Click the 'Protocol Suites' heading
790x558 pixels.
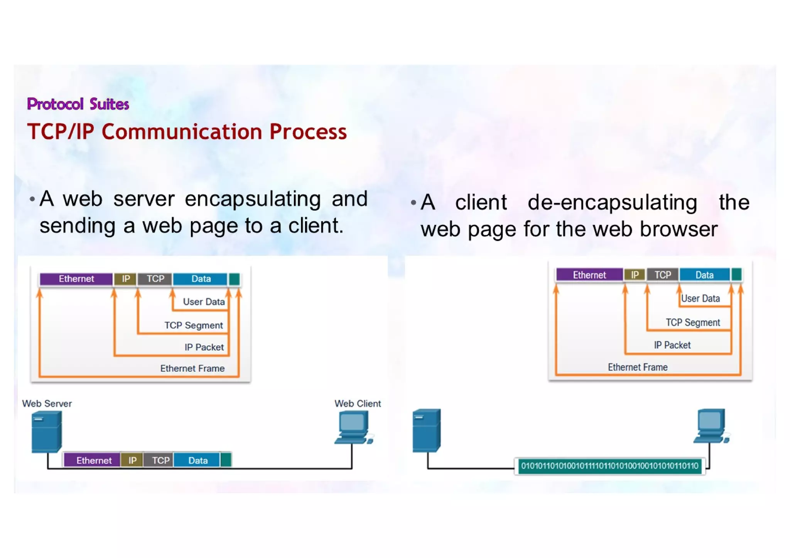click(78, 104)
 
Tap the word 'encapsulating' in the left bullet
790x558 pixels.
click(253, 199)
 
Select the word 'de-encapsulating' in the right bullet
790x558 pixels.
click(612, 202)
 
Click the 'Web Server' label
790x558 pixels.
click(47, 403)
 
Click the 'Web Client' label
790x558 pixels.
click(358, 403)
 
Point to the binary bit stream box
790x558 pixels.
click(609, 466)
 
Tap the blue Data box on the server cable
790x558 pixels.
click(197, 460)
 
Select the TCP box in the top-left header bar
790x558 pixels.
click(155, 279)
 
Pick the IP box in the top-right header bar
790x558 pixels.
click(635, 275)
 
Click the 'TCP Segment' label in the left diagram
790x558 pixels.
click(194, 325)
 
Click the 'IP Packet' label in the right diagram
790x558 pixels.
click(672, 345)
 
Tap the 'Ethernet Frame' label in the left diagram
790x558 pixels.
click(192, 368)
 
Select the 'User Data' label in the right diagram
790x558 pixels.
click(700, 298)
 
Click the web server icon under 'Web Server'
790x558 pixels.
click(46, 431)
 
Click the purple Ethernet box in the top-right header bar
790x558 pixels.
click(589, 275)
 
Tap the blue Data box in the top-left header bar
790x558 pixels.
click(201, 279)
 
